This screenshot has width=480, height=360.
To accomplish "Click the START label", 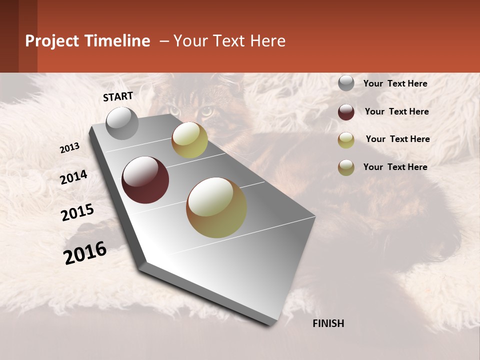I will (x=118, y=96).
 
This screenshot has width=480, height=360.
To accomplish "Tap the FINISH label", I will (x=328, y=323).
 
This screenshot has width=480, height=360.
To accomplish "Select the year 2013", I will (x=70, y=148).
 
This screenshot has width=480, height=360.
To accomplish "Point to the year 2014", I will (x=73, y=177).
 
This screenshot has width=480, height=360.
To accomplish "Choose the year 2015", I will (x=77, y=212).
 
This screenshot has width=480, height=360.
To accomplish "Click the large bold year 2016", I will (x=85, y=253).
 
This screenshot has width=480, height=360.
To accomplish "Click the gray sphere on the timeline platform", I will (x=122, y=123).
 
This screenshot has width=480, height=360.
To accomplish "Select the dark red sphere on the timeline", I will (x=145, y=180).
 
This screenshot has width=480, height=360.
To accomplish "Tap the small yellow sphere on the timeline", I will (x=189, y=140).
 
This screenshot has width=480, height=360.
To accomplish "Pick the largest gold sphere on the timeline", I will (x=216, y=207).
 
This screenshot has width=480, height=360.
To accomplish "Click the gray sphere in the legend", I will (x=346, y=83).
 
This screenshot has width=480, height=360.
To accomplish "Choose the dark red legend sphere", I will (x=346, y=112).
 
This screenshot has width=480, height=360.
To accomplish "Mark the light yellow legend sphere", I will (x=346, y=140).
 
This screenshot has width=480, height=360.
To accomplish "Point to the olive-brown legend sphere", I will (x=346, y=167).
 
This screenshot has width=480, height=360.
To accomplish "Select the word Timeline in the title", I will (x=116, y=41).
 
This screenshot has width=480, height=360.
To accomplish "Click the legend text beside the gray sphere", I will (x=395, y=83).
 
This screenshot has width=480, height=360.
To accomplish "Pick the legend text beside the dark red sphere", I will (x=396, y=111).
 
